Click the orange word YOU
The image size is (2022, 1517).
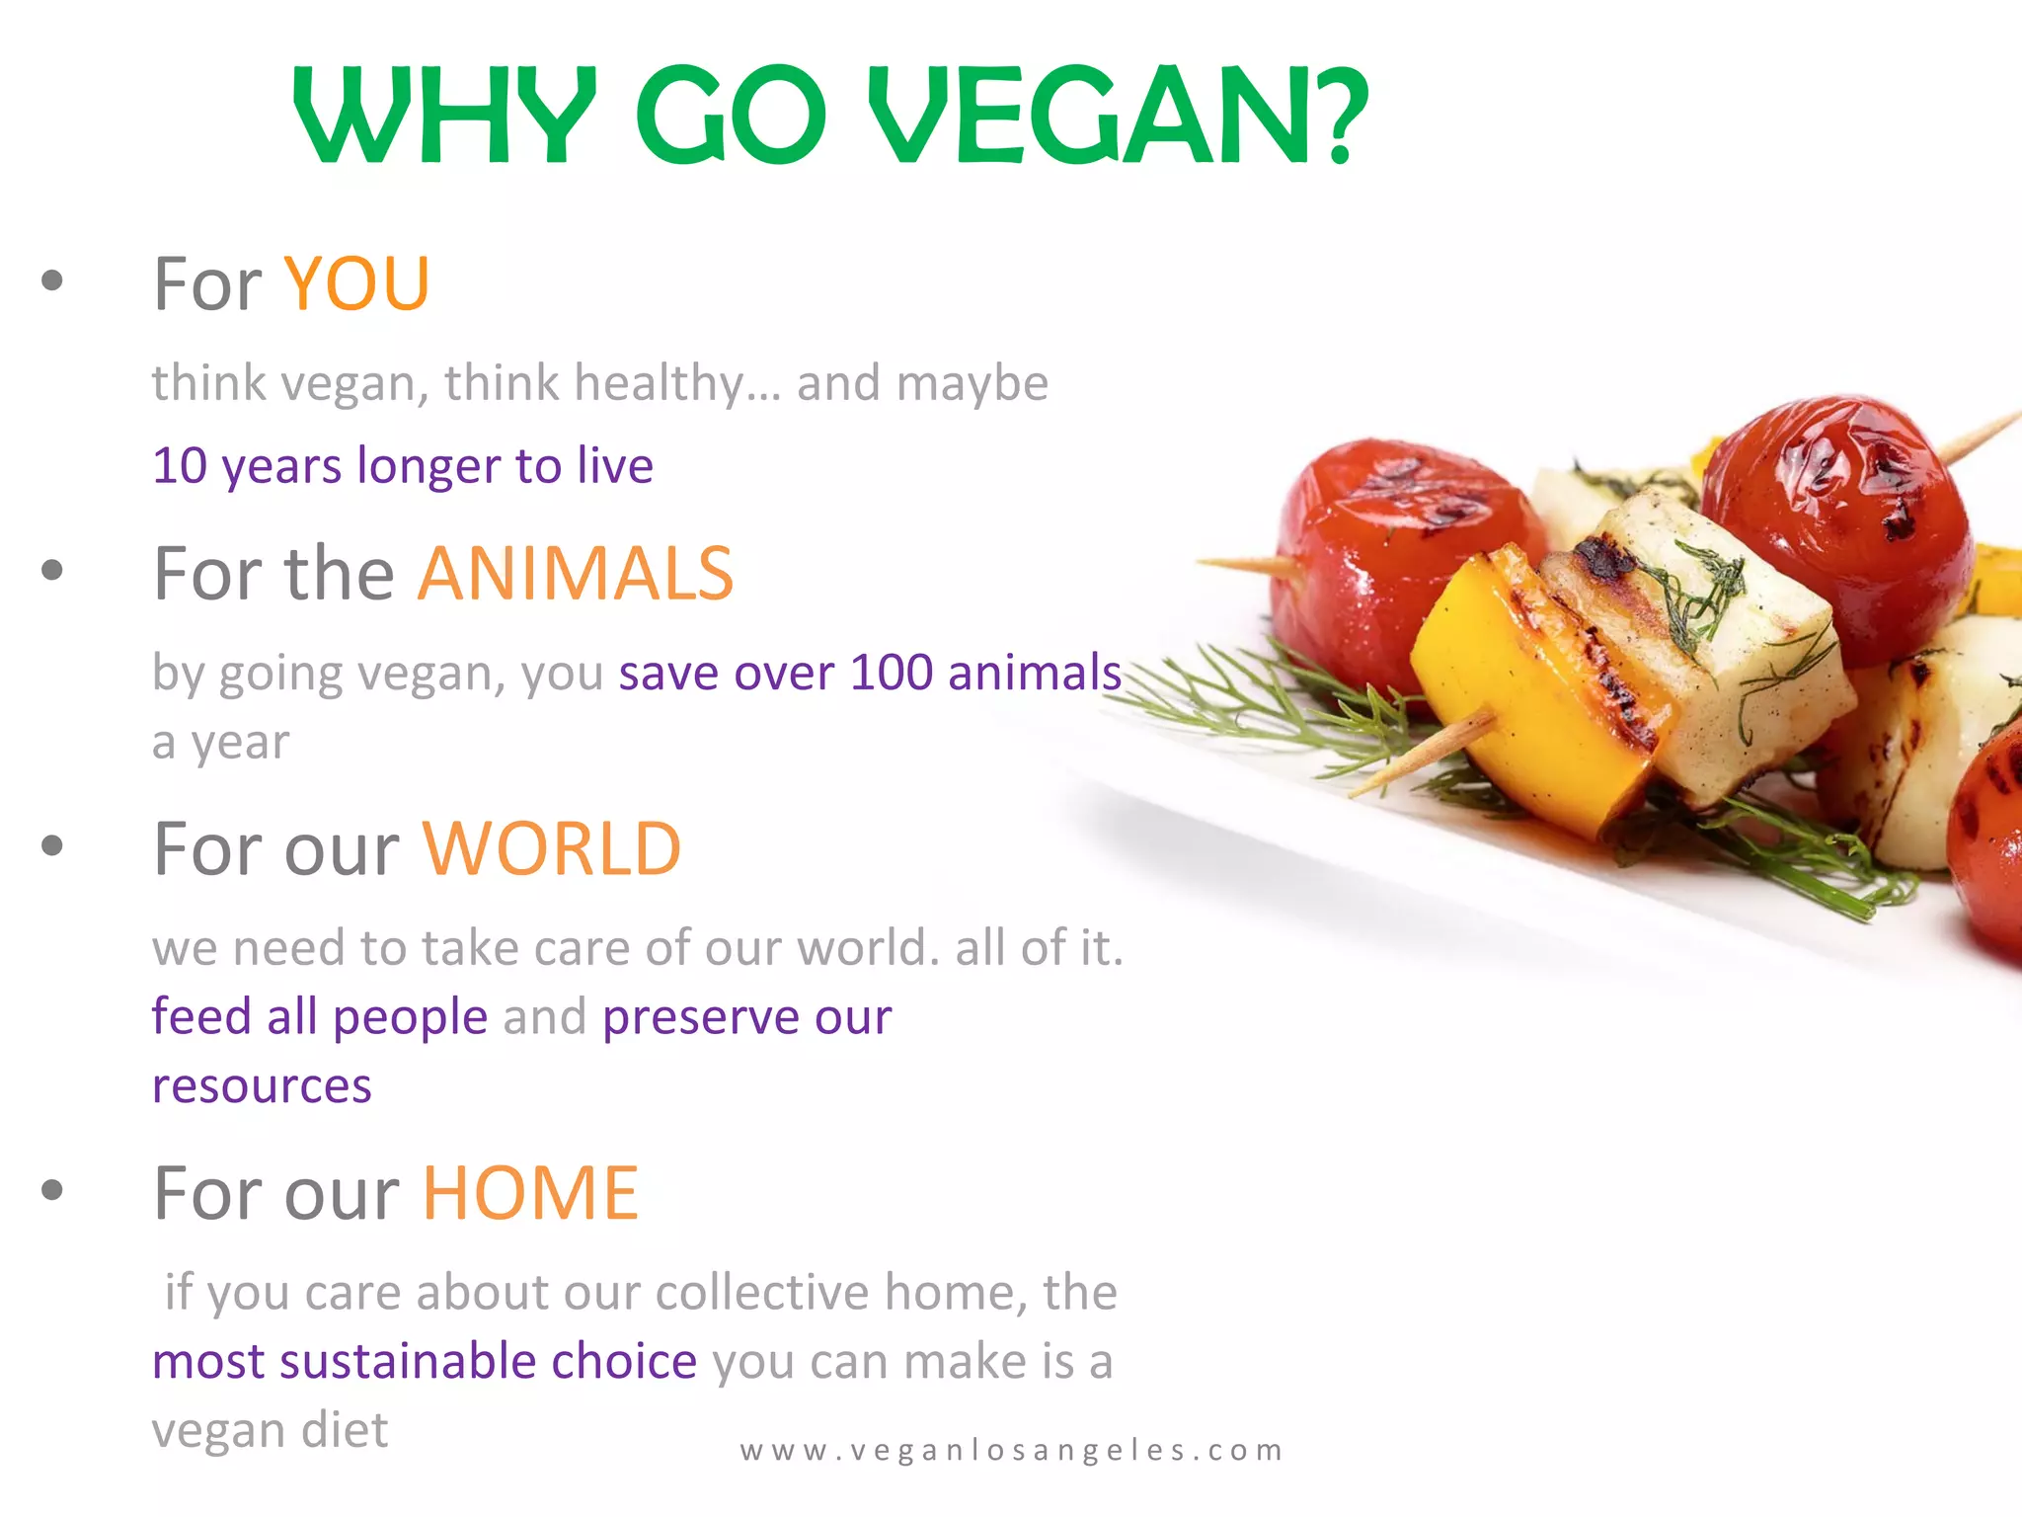356,284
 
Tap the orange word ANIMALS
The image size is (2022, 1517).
576,574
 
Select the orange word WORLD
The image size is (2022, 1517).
552,849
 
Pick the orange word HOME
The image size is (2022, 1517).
531,1193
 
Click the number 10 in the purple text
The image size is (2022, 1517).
180,466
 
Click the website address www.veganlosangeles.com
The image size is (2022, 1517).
1012,1450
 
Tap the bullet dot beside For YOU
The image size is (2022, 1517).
52,281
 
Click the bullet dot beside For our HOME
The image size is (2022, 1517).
52,1190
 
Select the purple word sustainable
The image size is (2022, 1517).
409,1361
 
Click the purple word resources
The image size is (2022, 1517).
262,1086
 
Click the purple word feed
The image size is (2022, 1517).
199,1016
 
